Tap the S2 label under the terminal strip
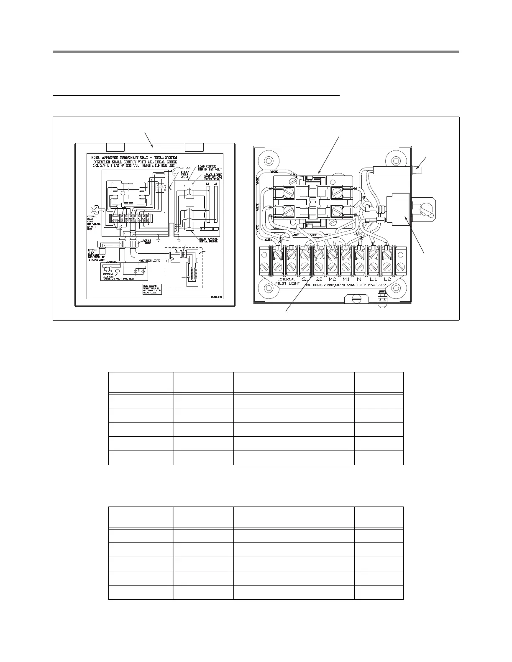[319, 279]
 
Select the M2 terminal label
[333, 279]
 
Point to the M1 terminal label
[346, 279]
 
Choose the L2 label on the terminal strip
[387, 279]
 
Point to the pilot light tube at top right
[402, 170]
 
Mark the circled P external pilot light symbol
[94, 210]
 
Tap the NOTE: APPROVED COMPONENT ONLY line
[134, 158]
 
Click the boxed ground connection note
[152, 289]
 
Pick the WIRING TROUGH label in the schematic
[147, 242]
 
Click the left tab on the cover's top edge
[115, 147]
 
